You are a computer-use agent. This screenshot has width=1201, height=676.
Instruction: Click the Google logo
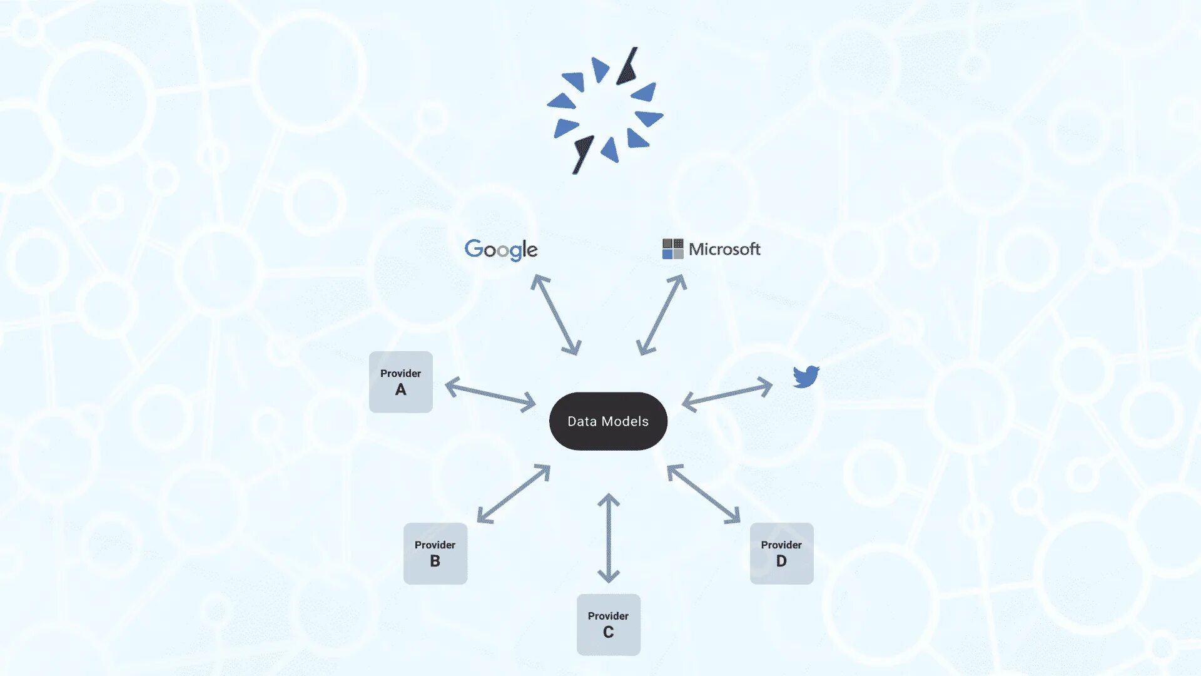coord(500,250)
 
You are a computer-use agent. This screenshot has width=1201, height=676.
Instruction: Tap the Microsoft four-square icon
coord(672,249)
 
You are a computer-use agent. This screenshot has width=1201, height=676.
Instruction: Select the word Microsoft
coord(724,249)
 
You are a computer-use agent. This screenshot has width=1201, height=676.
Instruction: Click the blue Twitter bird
coord(806,377)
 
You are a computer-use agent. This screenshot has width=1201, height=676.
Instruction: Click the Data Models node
coord(608,421)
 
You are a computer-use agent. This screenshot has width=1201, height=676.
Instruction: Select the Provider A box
coord(400,382)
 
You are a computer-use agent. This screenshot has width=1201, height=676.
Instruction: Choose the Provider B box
coord(435,553)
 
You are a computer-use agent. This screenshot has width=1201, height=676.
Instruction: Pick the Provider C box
coord(608,625)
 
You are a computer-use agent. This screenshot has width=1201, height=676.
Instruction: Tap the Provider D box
coord(781,553)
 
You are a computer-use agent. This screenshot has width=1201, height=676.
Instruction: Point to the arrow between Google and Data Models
coord(555,315)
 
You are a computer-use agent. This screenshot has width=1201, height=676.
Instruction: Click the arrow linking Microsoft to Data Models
coord(661,315)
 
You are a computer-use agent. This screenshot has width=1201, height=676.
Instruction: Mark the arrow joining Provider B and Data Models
coord(514,494)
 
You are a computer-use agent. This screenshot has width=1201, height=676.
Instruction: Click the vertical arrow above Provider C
coord(609,538)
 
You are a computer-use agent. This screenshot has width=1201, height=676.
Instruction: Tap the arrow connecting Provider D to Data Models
coord(704,494)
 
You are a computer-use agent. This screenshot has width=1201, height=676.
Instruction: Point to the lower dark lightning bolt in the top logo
coord(582,153)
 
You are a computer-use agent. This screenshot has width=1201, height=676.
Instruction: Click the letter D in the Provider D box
coord(781,561)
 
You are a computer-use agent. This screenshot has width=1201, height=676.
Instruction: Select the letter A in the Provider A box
coord(400,390)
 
